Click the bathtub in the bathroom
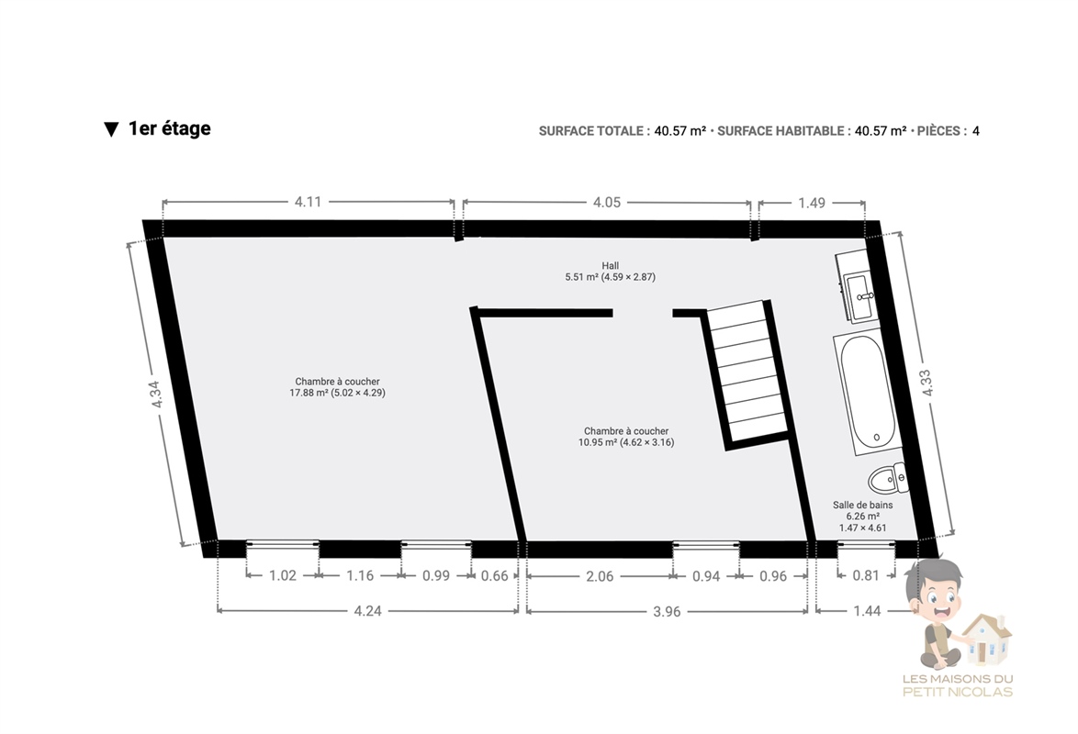click(x=866, y=392)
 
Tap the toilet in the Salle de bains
click(x=888, y=478)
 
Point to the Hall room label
click(x=610, y=266)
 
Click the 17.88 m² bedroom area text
click(x=338, y=393)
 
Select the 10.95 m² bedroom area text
click(x=626, y=442)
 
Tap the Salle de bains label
click(x=863, y=505)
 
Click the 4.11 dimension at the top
click(x=308, y=202)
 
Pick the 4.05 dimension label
click(x=606, y=202)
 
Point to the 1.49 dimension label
click(x=812, y=203)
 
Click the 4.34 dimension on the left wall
click(x=155, y=395)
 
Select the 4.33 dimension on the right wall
click(x=926, y=383)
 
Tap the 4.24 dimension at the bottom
click(x=368, y=611)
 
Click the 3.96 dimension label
click(x=667, y=611)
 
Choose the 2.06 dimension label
click(x=600, y=576)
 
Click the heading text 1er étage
click(x=169, y=128)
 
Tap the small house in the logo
click(x=986, y=639)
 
